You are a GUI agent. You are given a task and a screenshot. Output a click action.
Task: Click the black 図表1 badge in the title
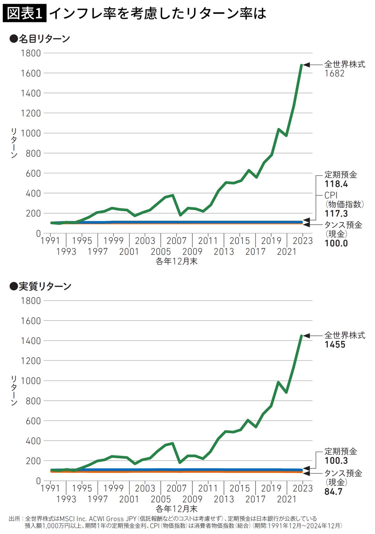(24, 13)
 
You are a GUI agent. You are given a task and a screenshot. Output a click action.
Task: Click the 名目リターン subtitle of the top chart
(44, 39)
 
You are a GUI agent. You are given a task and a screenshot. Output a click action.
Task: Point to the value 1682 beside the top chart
(334, 73)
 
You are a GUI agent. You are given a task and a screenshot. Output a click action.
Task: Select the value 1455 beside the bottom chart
(335, 344)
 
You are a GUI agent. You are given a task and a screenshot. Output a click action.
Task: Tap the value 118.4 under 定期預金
(336, 184)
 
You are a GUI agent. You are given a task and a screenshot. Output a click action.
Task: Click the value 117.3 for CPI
(336, 214)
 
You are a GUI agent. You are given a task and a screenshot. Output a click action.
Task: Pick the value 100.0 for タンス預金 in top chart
(336, 243)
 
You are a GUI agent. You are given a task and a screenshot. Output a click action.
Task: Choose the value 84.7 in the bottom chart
(333, 492)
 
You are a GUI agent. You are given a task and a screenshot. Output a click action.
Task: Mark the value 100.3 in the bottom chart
(336, 460)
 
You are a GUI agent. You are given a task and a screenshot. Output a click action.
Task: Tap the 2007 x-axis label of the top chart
(176, 241)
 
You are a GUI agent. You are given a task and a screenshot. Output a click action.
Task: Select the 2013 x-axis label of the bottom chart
(224, 499)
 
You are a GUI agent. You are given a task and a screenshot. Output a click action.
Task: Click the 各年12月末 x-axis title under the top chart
(176, 261)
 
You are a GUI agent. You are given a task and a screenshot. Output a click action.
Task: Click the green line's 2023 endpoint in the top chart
(301, 65)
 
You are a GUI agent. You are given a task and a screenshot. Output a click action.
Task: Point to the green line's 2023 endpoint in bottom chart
(301, 336)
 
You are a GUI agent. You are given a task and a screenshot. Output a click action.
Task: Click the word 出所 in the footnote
(15, 519)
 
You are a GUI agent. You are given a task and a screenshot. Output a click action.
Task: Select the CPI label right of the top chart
(331, 195)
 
